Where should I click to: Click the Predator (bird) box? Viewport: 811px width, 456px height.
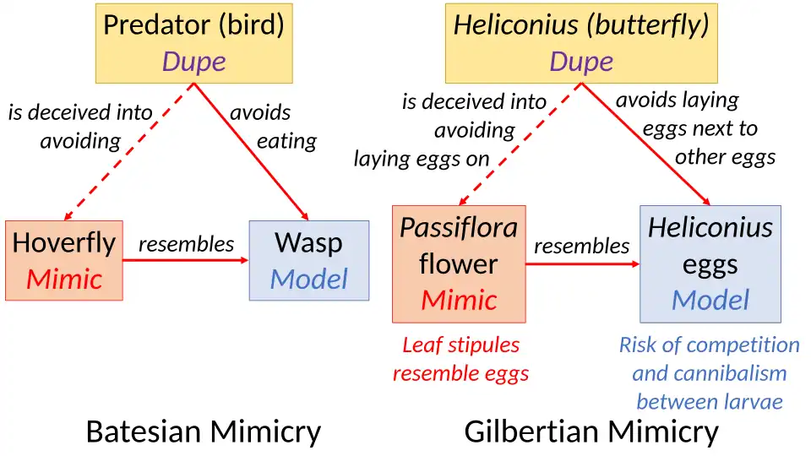click(193, 42)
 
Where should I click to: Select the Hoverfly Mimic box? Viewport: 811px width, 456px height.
click(64, 260)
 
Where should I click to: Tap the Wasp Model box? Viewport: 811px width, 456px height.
click(308, 260)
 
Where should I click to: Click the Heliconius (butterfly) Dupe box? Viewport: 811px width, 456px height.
click(581, 42)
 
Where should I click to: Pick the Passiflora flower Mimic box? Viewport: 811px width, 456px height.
click(459, 263)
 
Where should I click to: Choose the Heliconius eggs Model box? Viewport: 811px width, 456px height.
click(710, 263)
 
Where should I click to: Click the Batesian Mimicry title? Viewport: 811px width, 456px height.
click(204, 432)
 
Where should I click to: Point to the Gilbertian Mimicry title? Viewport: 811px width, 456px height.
click(591, 432)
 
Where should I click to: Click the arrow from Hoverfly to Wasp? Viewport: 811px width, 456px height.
click(186, 260)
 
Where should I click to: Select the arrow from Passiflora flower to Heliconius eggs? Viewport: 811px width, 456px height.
click(583, 264)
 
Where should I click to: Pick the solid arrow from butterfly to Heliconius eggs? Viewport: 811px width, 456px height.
click(646, 144)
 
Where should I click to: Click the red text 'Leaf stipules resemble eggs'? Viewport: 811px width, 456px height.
click(460, 359)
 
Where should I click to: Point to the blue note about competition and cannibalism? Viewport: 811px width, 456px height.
click(709, 372)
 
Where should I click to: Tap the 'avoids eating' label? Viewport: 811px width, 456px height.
click(272, 127)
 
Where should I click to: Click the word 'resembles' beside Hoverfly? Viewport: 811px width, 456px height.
click(186, 244)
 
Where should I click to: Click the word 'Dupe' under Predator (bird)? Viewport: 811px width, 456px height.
click(193, 62)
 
